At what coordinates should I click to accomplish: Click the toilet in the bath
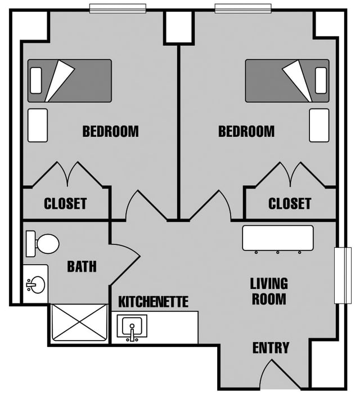tap(43, 244)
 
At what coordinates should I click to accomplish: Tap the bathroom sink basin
tap(37, 285)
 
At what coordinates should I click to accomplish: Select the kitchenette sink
tap(132, 327)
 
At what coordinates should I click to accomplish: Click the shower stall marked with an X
tap(80, 323)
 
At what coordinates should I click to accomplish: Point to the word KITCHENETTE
tap(153, 302)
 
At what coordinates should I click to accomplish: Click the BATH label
tap(82, 266)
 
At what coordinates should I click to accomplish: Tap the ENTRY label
tap(271, 348)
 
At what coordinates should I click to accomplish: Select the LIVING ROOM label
tap(269, 291)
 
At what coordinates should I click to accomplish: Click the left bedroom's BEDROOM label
tap(110, 131)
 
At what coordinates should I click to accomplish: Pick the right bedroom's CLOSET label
tap(290, 203)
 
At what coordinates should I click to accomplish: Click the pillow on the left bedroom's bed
tap(36, 81)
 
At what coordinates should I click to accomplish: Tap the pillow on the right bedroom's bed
tap(321, 81)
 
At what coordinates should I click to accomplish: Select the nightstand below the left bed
tap(38, 126)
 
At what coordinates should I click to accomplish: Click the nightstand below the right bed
tap(319, 126)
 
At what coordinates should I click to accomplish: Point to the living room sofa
tap(278, 238)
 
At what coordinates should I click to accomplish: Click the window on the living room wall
tap(343, 275)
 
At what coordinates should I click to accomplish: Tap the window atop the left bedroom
tap(118, 8)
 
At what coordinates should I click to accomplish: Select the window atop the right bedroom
tap(243, 8)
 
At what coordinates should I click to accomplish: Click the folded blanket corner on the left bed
tap(60, 81)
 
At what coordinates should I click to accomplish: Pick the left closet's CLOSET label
tap(65, 203)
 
